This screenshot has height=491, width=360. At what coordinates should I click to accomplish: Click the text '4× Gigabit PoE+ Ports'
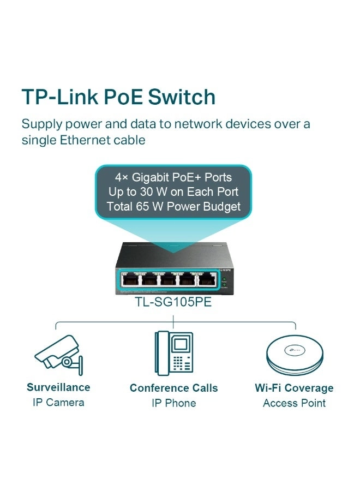click(x=173, y=177)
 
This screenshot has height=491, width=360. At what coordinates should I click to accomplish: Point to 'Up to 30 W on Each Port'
click(x=173, y=192)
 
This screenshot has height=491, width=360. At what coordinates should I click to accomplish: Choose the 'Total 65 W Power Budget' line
click(x=173, y=207)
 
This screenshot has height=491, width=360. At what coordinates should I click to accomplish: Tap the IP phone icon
click(x=173, y=353)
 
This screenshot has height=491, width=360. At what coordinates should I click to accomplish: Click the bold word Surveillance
click(x=58, y=387)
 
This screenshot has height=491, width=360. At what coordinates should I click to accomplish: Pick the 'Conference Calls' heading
click(x=173, y=388)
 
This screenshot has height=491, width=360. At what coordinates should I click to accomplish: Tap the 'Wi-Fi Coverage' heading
click(x=294, y=388)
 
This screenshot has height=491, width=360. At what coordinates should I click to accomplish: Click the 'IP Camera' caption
click(x=58, y=403)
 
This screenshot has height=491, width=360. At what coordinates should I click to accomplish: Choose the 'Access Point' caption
click(x=294, y=403)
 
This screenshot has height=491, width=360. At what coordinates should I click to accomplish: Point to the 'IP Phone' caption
click(x=173, y=403)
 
